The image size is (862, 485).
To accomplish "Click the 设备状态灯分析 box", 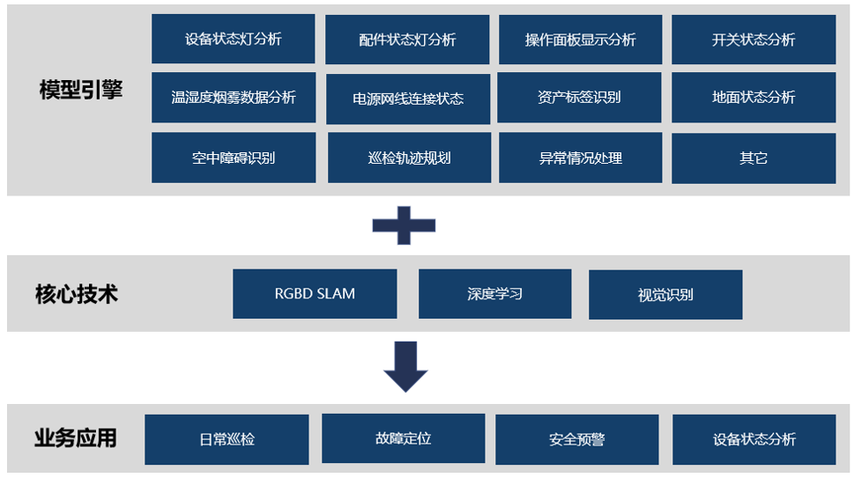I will click(x=233, y=39).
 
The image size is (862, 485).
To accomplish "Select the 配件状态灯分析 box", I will click(x=407, y=40).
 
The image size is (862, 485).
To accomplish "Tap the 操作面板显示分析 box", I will click(x=580, y=40).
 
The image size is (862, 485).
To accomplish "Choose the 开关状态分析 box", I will click(x=754, y=40).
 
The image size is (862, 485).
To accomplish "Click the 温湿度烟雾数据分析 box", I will click(x=233, y=97).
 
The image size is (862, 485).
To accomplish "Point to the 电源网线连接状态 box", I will click(x=408, y=99).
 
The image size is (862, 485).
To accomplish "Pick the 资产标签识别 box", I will click(x=579, y=97).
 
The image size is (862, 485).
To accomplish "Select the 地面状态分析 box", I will click(x=754, y=97).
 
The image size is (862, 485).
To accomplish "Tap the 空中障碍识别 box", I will click(x=234, y=158).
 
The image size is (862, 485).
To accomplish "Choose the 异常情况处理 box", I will click(x=581, y=158).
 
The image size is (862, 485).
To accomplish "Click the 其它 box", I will click(x=754, y=158).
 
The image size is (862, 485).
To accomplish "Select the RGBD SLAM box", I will click(x=315, y=294).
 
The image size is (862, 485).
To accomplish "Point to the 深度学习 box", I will click(x=494, y=294).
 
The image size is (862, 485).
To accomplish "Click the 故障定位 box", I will click(x=403, y=438).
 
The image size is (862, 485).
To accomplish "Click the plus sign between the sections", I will click(x=404, y=225).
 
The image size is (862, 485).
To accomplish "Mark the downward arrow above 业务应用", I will click(x=405, y=366).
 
